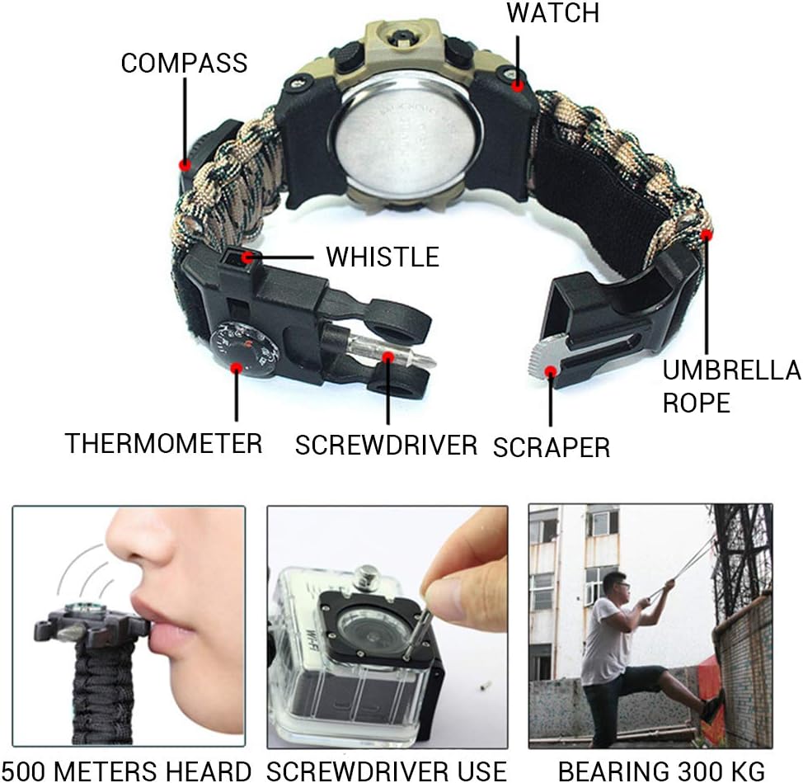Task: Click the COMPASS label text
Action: click(x=185, y=64)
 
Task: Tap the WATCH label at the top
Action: click(x=553, y=13)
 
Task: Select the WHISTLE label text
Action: click(x=383, y=257)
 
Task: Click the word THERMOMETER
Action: click(x=164, y=443)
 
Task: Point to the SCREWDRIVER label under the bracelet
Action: click(x=386, y=445)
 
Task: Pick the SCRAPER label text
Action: click(x=552, y=447)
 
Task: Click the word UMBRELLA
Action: click(x=732, y=370)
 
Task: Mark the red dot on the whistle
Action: click(x=248, y=257)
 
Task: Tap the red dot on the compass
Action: click(x=185, y=165)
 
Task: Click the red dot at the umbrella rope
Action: click(x=707, y=235)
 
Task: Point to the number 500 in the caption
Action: click(x=26, y=771)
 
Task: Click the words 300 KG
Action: click(x=720, y=771)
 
